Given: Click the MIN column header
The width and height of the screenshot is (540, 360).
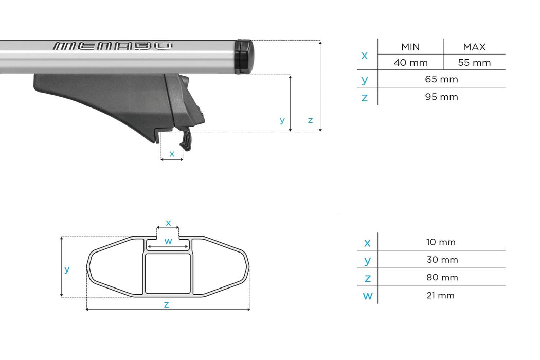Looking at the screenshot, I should point(410,47).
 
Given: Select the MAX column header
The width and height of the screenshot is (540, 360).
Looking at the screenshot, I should point(474,47).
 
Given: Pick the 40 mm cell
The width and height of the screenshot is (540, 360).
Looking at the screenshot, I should point(410,63).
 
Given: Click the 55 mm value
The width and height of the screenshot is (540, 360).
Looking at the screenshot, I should point(474,63).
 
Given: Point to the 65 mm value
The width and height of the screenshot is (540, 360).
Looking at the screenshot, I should point(441,79).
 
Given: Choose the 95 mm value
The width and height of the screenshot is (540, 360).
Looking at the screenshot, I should point(441,97).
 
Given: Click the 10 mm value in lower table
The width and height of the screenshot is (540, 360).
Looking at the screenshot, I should point(441,242).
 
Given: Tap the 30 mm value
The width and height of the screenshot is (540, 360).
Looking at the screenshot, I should point(441,260).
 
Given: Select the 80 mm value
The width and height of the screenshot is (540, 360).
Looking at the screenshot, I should point(441,277).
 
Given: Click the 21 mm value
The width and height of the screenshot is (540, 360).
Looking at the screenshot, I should point(441,295).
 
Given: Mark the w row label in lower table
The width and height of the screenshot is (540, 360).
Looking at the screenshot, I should point(367,296).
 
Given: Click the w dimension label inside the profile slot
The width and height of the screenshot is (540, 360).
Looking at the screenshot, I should point(168,241).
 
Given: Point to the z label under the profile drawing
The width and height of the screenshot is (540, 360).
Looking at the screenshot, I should point(166,304).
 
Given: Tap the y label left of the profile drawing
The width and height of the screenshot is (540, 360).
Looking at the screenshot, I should point(67,269).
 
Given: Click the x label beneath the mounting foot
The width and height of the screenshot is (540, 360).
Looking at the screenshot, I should point(172,153).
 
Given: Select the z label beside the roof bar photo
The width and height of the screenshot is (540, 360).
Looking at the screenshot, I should point(310,120).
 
